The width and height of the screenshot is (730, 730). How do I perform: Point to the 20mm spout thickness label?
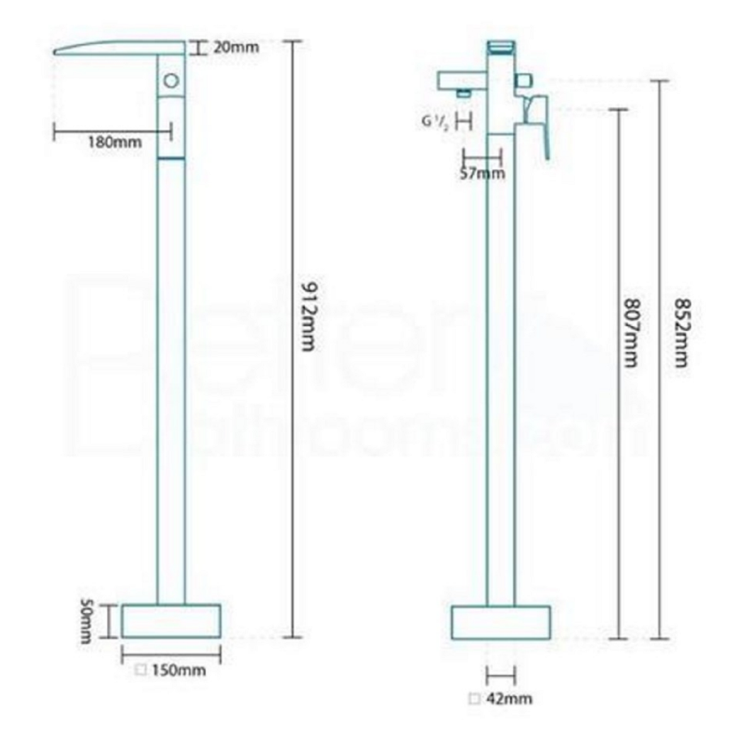[236, 47]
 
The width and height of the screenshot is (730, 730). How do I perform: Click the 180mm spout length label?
[114, 142]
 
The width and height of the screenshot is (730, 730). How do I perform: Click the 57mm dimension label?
[482, 173]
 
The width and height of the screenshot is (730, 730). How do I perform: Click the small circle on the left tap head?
[171, 80]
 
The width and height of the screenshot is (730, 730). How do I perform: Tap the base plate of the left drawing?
[171, 620]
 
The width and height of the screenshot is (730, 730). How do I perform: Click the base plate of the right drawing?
[500, 622]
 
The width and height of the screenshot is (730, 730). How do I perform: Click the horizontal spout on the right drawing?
[461, 80]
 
